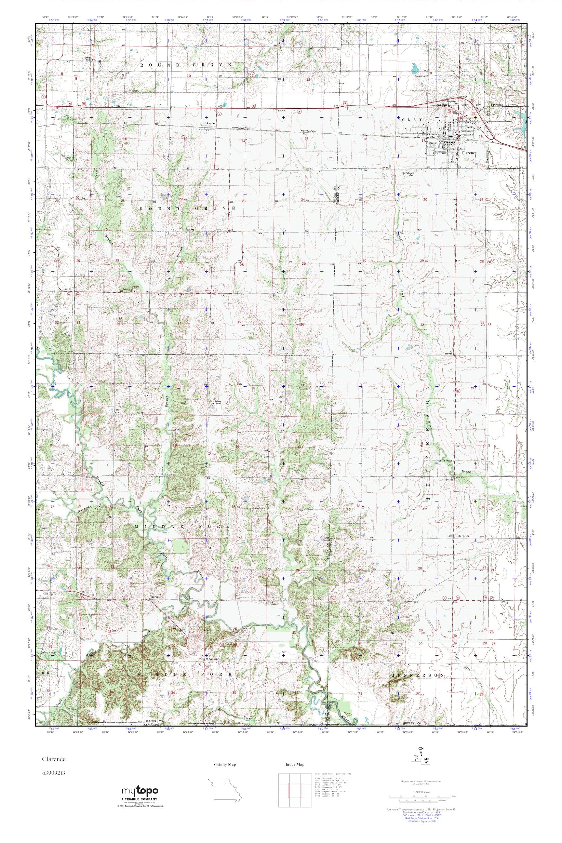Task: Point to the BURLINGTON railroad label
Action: [240, 127]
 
